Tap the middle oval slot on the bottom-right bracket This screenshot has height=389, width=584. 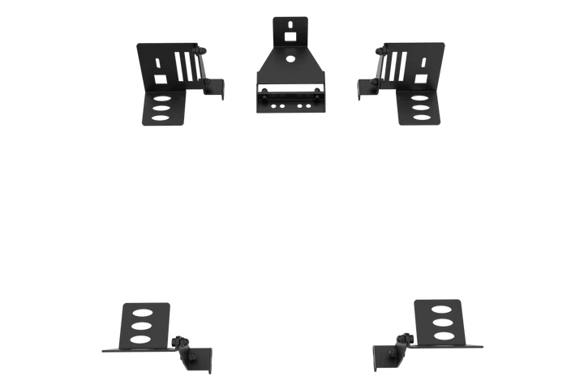click(443, 322)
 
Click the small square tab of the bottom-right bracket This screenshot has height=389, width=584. click(384, 358)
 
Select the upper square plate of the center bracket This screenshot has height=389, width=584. click(290, 28)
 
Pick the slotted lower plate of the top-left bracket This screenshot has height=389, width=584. click(165, 109)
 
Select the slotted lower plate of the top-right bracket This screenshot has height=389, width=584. click(419, 109)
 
